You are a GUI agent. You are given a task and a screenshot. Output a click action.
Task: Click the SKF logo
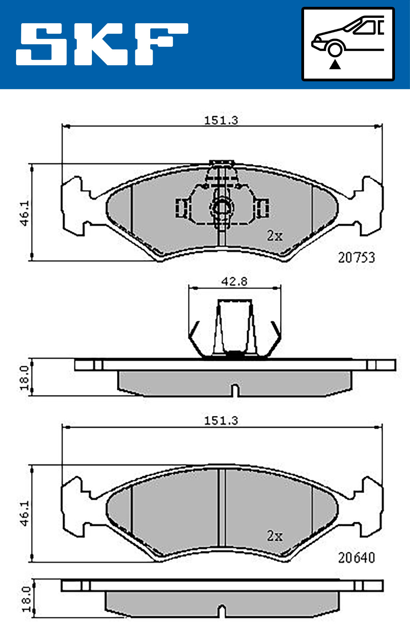click(102, 44)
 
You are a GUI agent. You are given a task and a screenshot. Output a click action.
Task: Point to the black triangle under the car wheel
click(335, 64)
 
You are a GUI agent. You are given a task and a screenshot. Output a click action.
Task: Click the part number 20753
click(356, 257)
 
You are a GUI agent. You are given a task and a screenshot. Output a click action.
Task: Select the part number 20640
click(356, 558)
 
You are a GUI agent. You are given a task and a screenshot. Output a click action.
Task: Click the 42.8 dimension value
click(234, 281)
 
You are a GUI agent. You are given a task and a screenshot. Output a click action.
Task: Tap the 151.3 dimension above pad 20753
click(221, 120)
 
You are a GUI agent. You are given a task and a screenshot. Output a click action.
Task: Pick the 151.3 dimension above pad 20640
click(221, 420)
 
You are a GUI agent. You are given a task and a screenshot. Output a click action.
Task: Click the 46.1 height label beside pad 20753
click(24, 213)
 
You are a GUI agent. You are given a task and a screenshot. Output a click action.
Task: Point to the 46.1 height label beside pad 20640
click(24, 513)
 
